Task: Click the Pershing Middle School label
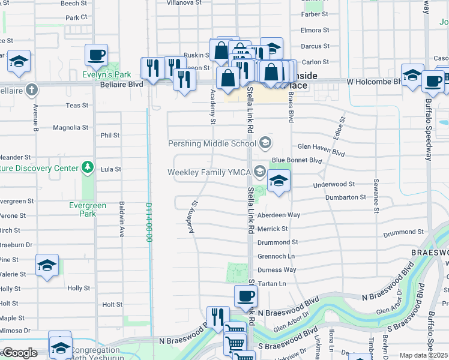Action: (212, 144)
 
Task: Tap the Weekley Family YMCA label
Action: (209, 173)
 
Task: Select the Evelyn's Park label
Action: (107, 74)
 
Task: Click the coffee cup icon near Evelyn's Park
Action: (96, 56)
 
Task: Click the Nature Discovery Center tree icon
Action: (88, 166)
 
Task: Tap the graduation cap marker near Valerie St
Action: (47, 265)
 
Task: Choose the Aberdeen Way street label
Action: (278, 215)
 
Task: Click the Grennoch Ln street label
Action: (276, 256)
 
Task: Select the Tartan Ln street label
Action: (271, 283)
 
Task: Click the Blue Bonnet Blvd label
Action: (297, 161)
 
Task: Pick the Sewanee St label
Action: (376, 195)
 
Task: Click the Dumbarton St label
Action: (346, 197)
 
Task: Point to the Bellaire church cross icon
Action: (32, 90)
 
